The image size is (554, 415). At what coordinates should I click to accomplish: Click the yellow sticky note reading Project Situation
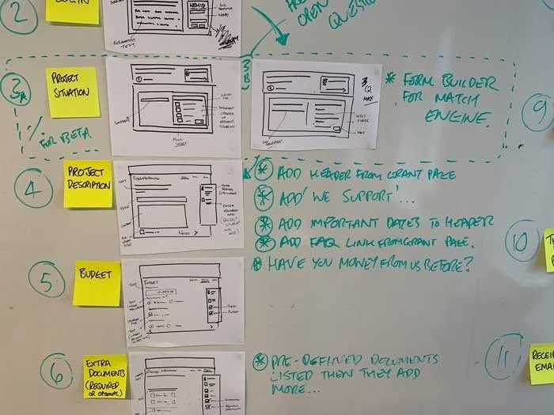pyautogui.click(x=72, y=92)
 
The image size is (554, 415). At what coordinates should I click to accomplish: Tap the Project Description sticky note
pyautogui.click(x=87, y=184)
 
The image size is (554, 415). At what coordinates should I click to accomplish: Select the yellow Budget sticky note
pyautogui.click(x=97, y=283)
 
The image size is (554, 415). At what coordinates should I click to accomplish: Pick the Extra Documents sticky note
pyautogui.click(x=105, y=375)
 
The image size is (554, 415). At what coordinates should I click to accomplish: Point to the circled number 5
pyautogui.click(x=47, y=279)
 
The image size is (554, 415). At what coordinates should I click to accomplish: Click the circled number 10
pyautogui.click(x=522, y=242)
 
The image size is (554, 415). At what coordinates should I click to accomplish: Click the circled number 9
pyautogui.click(x=537, y=111)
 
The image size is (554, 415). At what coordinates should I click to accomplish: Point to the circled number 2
pyautogui.click(x=18, y=13)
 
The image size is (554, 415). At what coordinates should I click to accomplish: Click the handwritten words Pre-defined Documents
pyautogui.click(x=356, y=360)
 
